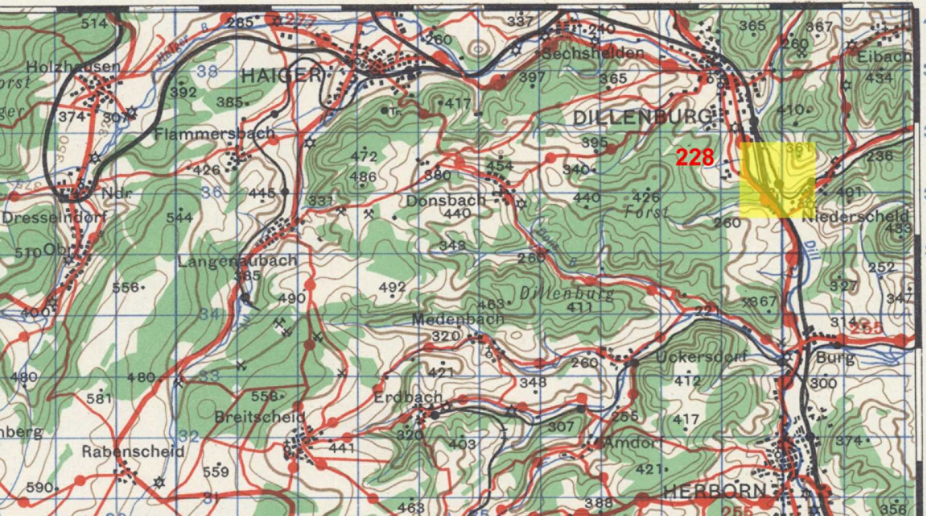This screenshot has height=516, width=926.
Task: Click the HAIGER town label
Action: pyautogui.click(x=280, y=76)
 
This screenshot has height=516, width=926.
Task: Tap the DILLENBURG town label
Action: pyautogui.click(x=641, y=117)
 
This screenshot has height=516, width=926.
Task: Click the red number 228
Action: pyautogui.click(x=695, y=158)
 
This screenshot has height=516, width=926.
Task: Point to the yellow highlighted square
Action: pyautogui.click(x=778, y=179)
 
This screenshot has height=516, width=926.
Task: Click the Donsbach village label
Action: pyautogui.click(x=445, y=200)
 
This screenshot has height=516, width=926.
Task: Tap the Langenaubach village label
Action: pyautogui.click(x=237, y=261)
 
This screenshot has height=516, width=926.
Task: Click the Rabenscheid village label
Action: pyautogui.click(x=133, y=452)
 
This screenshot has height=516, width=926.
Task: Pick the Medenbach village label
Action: pyautogui.click(x=457, y=319)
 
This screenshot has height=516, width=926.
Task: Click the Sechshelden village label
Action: pyautogui.click(x=593, y=53)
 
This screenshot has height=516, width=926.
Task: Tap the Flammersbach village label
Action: pyautogui.click(x=215, y=133)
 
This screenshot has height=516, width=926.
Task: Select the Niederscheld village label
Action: pyautogui.click(x=855, y=216)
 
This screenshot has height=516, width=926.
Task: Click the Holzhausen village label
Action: pyautogui.click(x=73, y=67)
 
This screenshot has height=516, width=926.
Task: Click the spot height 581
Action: pyautogui.click(x=98, y=398)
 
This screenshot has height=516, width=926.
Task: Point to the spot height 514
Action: pyautogui.click(x=94, y=23)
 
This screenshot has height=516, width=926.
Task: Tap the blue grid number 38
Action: pyautogui.click(x=208, y=72)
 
